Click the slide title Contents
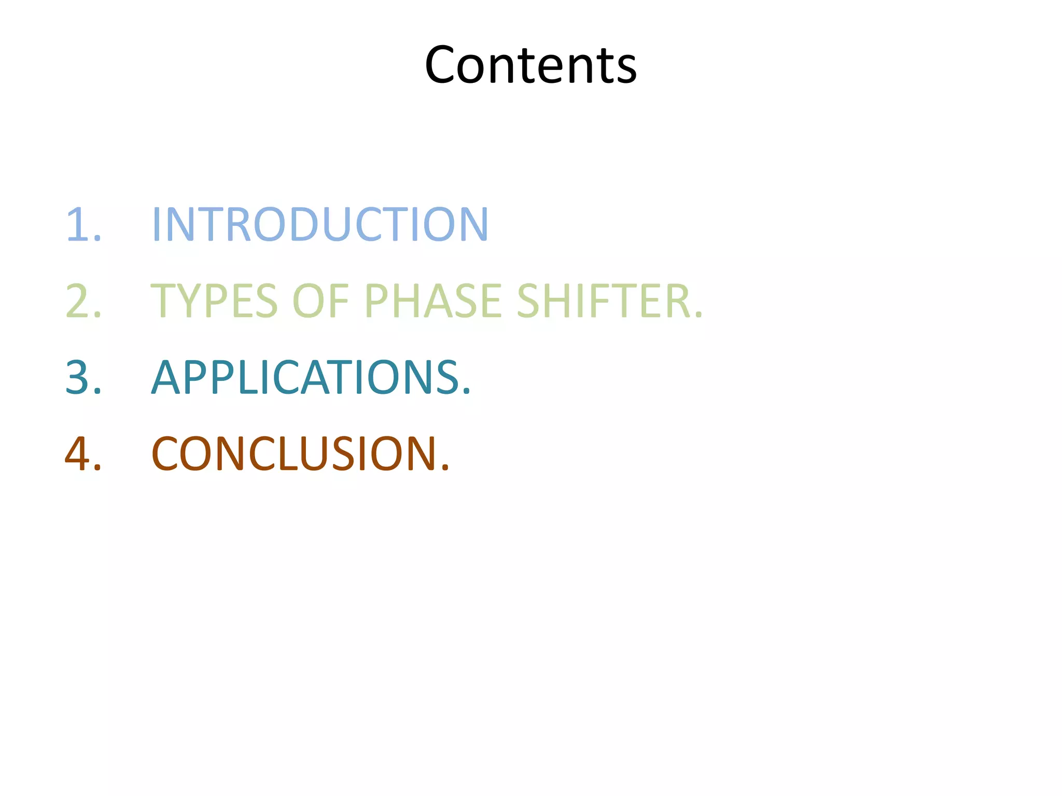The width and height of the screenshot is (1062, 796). pyautogui.click(x=530, y=65)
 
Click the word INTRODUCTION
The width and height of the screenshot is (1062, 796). pyautogui.click(x=320, y=224)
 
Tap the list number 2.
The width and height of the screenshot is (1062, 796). pyautogui.click(x=79, y=301)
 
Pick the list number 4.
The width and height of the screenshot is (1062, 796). pyautogui.click(x=79, y=453)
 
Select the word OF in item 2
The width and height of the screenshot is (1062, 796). pyautogui.click(x=321, y=301)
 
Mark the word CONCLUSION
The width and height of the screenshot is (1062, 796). pyautogui.click(x=295, y=453)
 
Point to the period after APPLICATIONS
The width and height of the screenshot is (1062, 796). pyautogui.click(x=466, y=391)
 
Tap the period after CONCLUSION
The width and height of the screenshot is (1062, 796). pyautogui.click(x=444, y=467)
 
